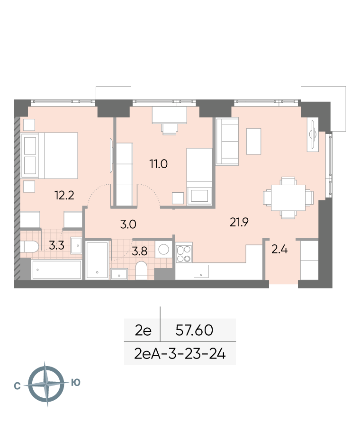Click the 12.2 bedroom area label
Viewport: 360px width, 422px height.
[x=64, y=195]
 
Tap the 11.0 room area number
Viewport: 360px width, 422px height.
[x=159, y=163]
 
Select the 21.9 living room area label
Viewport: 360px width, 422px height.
[x=239, y=222]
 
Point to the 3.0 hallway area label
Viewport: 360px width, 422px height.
[x=128, y=224]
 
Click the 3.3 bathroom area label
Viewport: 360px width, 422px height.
[x=56, y=245]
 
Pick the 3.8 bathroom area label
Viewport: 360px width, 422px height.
[x=139, y=251]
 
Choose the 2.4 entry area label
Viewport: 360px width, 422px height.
[x=279, y=250]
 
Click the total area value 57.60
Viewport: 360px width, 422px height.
[x=194, y=330]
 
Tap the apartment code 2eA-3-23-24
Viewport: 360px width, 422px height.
[x=180, y=354]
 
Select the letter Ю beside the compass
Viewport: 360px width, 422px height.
[x=76, y=382]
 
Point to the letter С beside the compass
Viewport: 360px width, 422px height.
[x=17, y=386]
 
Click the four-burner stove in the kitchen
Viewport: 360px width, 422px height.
[x=184, y=254]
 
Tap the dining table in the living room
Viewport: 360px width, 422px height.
[x=288, y=198]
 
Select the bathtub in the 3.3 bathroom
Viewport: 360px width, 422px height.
[x=56, y=269]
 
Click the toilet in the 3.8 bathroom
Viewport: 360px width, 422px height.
[x=141, y=270]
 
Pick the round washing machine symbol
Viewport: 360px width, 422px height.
[x=164, y=250]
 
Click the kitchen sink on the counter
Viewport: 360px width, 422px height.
[x=201, y=271]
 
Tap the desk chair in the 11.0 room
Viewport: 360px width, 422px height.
[x=170, y=129]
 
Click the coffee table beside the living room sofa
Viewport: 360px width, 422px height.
[x=253, y=141]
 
